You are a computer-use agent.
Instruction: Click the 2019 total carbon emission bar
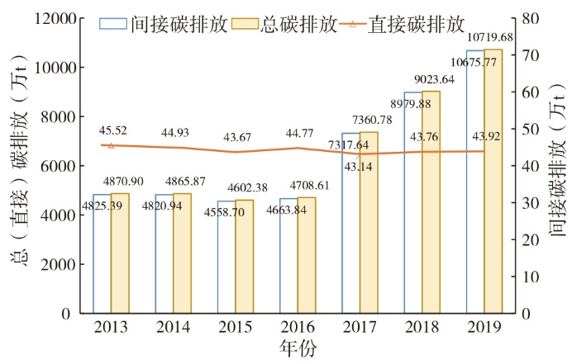(493, 182)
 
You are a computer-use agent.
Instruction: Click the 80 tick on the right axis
(529, 17)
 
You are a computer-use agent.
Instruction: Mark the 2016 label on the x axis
(297, 328)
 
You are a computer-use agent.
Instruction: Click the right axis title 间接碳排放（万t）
(559, 165)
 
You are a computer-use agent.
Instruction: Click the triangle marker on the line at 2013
(112, 145)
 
